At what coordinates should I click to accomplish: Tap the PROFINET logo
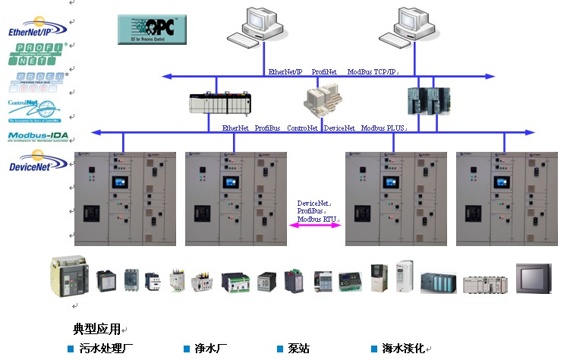pos(37,55)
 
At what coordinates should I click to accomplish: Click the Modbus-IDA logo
pos(38,137)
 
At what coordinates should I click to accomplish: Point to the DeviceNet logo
pos(38,163)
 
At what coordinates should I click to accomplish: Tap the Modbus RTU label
pos(317,219)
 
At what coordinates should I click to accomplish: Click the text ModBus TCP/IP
pos(372,71)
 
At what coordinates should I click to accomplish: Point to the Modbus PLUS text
pos(383,128)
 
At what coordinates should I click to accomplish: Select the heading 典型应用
pos(96,330)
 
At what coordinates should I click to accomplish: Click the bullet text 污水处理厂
pos(106,349)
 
